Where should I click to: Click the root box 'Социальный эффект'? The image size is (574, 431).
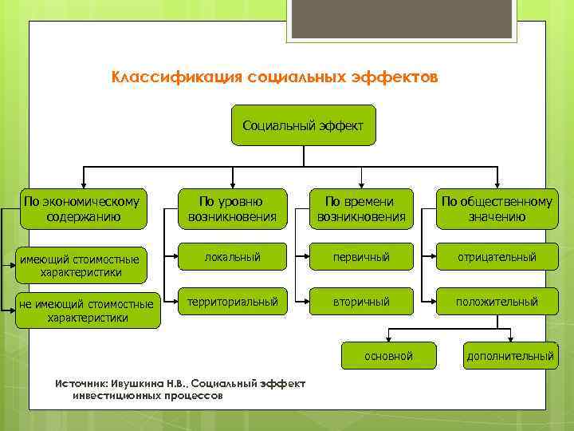303,125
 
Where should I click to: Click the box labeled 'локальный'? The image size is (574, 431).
232,257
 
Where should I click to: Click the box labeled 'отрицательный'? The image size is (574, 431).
496,257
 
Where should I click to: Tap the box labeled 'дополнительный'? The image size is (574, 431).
510,356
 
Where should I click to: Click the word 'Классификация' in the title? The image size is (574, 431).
165,78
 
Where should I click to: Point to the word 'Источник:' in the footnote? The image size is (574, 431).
79,384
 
